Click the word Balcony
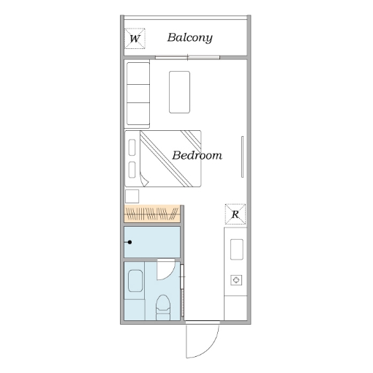(x=189, y=38)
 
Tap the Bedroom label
(x=197, y=155)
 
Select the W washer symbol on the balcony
(x=135, y=39)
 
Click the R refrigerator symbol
(x=236, y=214)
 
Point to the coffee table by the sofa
(x=179, y=92)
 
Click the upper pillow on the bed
(x=132, y=147)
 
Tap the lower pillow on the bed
(x=132, y=170)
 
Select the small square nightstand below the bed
(x=132, y=196)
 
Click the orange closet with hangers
(x=152, y=214)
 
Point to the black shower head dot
(x=129, y=242)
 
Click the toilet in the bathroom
(x=163, y=307)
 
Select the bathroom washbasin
(x=135, y=281)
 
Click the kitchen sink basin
(x=237, y=249)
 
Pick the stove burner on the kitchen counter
(x=236, y=280)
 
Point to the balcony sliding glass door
(x=188, y=58)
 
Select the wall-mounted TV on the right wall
(x=242, y=157)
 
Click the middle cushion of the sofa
(x=138, y=94)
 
